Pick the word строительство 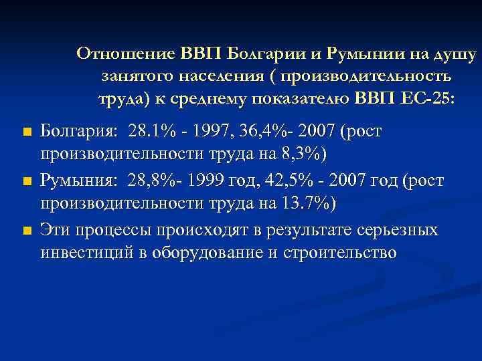tap(342, 253)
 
